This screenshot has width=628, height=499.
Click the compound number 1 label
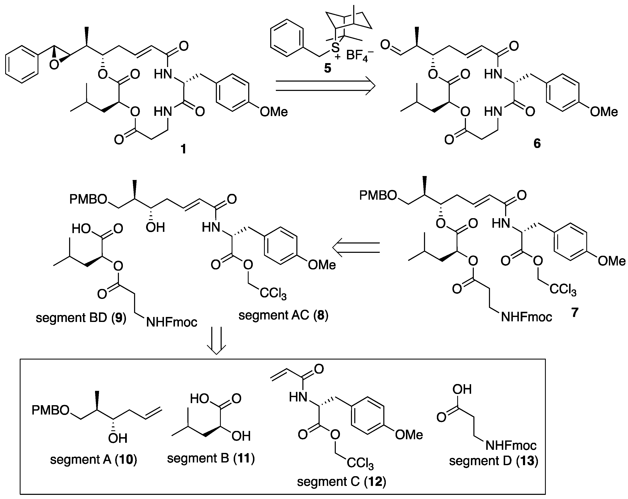(x=183, y=149)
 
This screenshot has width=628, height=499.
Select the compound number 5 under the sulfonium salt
(x=327, y=68)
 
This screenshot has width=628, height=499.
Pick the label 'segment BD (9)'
(x=81, y=318)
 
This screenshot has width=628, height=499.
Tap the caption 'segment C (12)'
(x=341, y=482)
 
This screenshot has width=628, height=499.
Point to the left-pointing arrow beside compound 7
(x=356, y=247)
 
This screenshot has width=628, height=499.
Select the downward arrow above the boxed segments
(x=216, y=340)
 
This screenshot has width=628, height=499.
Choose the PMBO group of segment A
(x=50, y=410)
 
